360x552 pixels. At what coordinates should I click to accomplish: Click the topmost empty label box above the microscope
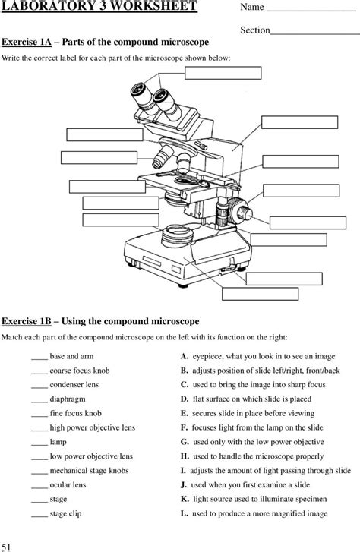[223, 73]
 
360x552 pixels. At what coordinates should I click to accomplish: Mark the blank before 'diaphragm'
[39, 399]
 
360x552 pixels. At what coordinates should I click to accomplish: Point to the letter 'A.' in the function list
[185, 356]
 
